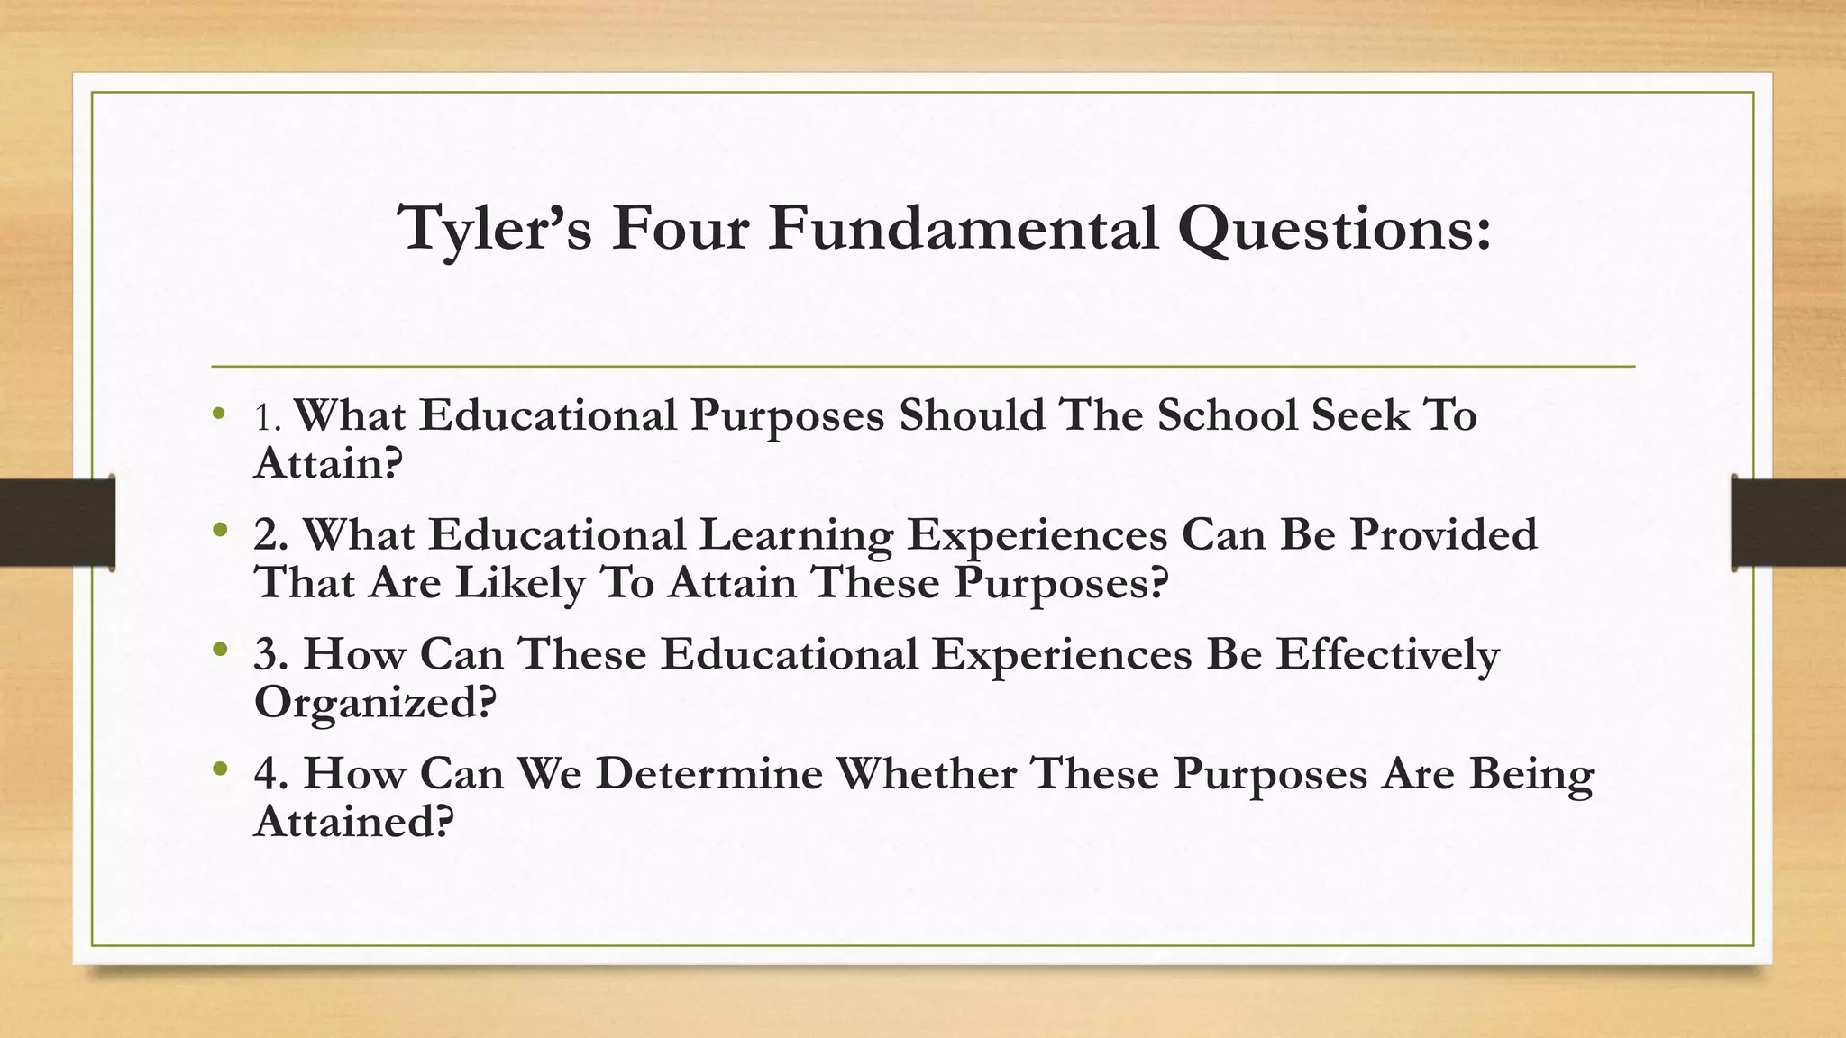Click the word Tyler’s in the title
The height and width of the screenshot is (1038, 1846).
coord(495,229)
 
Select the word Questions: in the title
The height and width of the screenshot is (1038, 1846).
coord(1335,229)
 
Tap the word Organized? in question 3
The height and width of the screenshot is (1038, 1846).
coord(375,702)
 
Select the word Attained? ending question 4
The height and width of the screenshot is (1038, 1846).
coord(352,821)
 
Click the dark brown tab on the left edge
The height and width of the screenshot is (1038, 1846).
coord(57,523)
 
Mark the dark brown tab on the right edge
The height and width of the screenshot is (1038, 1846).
coord(1788,523)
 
